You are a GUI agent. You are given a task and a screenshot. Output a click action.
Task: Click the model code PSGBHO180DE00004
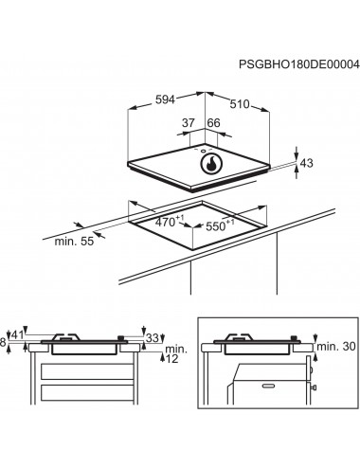tap(298, 64)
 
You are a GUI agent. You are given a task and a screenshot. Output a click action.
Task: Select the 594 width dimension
tap(165, 99)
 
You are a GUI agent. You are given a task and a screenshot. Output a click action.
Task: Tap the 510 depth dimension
tap(240, 104)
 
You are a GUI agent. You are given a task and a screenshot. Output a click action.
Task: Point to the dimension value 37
tap(189, 123)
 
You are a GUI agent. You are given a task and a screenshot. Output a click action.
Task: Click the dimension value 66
tap(214, 123)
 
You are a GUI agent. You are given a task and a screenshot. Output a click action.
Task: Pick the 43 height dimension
tap(307, 163)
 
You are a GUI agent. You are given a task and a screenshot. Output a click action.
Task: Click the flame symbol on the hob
tap(211, 165)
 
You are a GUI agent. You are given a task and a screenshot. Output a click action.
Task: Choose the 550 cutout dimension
tap(220, 225)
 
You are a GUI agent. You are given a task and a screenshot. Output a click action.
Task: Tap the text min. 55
tap(74, 242)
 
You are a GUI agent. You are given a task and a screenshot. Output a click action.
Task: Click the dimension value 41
tap(17, 335)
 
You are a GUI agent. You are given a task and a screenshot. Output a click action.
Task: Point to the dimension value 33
tap(153, 338)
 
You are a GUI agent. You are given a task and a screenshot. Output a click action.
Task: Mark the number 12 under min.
tap(172, 359)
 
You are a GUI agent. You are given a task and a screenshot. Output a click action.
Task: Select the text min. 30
tap(336, 347)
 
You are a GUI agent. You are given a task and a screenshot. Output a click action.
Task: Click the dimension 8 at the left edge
tap(3, 343)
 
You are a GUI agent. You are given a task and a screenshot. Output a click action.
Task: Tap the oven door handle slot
tap(269, 386)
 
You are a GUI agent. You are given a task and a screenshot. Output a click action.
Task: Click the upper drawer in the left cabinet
tap(87, 371)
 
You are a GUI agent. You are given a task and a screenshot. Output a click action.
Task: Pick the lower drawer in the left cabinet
tap(87, 392)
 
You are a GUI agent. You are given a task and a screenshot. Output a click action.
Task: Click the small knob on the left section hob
tap(120, 338)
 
